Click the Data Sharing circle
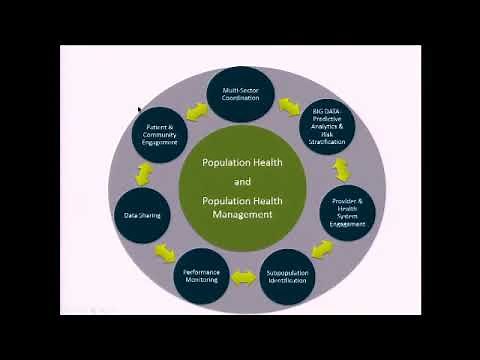[142, 214]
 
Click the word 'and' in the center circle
[242, 181]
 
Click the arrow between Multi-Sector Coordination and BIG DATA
[290, 103]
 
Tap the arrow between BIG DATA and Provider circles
[342, 170]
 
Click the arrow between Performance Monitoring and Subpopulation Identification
[243, 277]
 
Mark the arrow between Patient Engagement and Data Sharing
[144, 174]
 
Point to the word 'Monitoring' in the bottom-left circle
[201, 281]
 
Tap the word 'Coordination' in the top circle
[240, 98]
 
